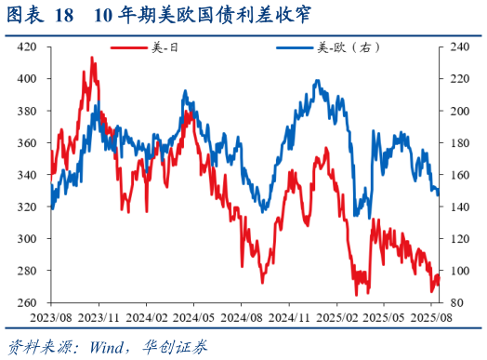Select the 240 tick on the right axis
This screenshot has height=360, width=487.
tap(461, 47)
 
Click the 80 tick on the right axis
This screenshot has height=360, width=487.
tap(458, 303)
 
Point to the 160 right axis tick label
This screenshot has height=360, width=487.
tap(461, 175)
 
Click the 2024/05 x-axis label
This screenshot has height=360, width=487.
tap(193, 317)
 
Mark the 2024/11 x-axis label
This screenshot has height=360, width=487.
tap(290, 317)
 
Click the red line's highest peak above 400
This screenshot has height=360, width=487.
tap(91, 58)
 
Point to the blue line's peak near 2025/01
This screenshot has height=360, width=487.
tap(318, 81)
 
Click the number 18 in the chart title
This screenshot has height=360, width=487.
tap(64, 16)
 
